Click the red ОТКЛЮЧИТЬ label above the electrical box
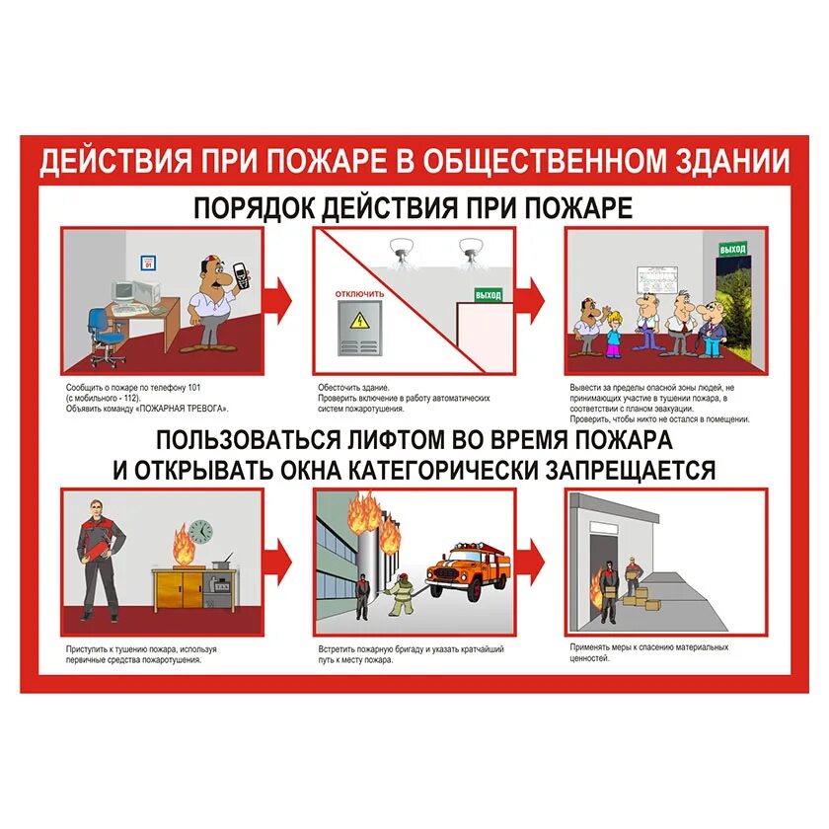360,293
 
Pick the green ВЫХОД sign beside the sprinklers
488,294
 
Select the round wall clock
201,531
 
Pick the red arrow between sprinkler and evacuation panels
533,293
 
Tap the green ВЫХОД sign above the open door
732,249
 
